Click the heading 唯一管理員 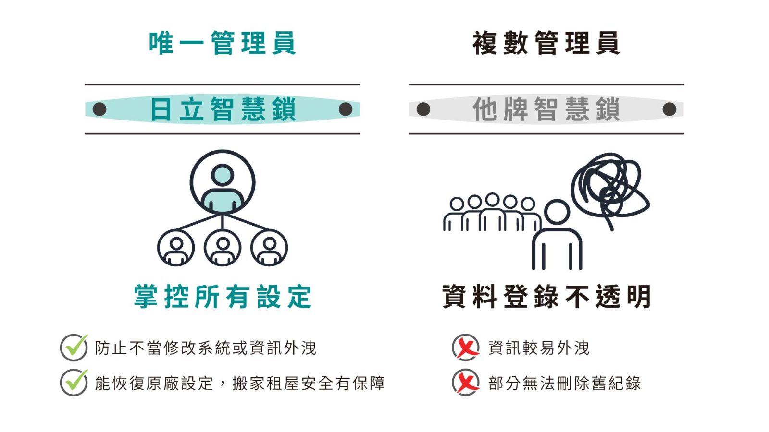tap(222, 43)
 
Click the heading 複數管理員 tap(546, 43)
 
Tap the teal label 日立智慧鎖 tap(223, 109)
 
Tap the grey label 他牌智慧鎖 tap(546, 109)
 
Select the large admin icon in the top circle tap(223, 182)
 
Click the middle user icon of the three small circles tap(223, 248)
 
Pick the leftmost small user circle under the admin tap(176, 248)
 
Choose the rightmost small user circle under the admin tap(269, 248)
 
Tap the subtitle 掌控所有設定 tap(223, 297)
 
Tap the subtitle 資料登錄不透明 tap(546, 297)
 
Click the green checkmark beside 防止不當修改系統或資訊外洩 tap(74, 347)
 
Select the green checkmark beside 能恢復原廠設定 tap(74, 383)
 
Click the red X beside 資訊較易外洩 tap(466, 347)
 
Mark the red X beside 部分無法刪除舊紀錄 tap(466, 383)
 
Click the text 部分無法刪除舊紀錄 tap(564, 383)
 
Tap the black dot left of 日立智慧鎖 tap(99, 109)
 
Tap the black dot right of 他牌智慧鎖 tap(669, 109)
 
